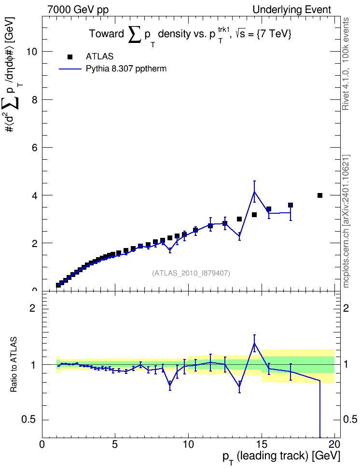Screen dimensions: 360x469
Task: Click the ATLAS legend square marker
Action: click(70, 57)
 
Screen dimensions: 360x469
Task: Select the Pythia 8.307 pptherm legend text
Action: click(126, 69)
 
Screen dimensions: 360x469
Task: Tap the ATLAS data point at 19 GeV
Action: click(320, 195)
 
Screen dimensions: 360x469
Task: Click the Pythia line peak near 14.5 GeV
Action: click(254, 192)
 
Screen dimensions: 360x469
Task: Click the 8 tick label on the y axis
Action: click(34, 99)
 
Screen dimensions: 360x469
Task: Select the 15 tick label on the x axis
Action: click(262, 444)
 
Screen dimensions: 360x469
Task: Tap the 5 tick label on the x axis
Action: click(115, 444)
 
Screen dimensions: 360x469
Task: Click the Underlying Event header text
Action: click(292, 10)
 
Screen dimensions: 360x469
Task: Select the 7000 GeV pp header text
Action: click(78, 10)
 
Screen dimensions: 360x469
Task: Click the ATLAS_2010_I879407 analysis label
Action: click(191, 273)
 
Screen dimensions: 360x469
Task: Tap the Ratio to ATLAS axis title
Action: click(14, 365)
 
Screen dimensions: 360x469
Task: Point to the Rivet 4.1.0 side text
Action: click(346, 64)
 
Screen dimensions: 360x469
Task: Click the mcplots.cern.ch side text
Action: click(346, 221)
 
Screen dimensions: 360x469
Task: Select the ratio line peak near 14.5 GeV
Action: click(254, 344)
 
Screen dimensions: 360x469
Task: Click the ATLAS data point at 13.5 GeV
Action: click(239, 219)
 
